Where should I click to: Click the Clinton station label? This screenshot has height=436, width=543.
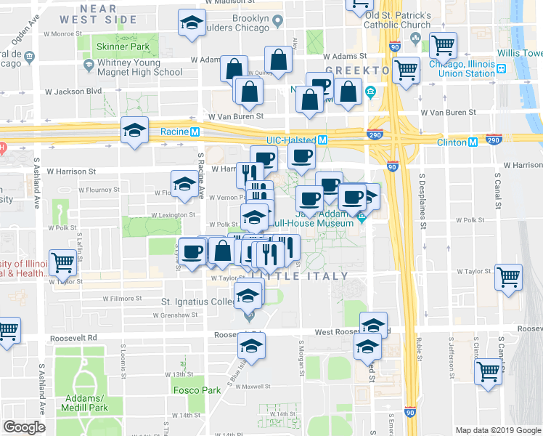(452, 142)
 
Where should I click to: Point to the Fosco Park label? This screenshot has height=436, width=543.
(197, 390)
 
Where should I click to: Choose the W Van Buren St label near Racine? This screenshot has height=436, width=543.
(234, 116)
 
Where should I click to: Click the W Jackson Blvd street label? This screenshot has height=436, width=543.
(73, 92)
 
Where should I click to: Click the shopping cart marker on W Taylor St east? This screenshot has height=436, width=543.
(507, 275)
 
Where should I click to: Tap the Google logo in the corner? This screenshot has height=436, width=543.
(25, 427)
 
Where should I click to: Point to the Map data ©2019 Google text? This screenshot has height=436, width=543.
(497, 430)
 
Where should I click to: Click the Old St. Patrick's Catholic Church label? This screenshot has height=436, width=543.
(399, 20)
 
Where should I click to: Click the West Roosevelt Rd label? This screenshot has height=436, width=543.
(336, 332)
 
